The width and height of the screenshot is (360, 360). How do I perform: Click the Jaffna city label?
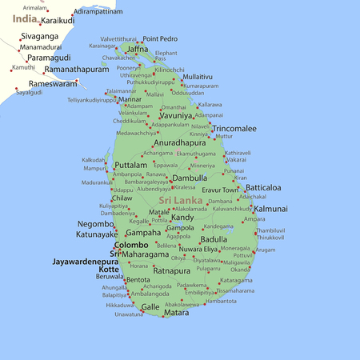tap(138, 50)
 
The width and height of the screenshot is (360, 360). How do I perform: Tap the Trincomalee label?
tap(234, 128)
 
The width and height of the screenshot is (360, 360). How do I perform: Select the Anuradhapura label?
tap(180, 142)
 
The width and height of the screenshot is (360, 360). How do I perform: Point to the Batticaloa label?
tap(263, 188)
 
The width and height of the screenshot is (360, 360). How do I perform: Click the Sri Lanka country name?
tap(181, 200)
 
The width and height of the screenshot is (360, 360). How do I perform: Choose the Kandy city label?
tap(182, 218)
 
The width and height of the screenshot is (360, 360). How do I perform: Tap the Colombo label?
tap(131, 245)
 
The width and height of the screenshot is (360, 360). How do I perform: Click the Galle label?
tap(150, 307)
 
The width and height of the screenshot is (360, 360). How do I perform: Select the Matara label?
tap(176, 313)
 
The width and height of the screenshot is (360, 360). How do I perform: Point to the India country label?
tap(25, 18)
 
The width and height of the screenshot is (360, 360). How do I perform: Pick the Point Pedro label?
tap(160, 38)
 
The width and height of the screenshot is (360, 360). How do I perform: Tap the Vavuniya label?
tap(175, 115)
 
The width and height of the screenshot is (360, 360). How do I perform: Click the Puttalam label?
tap(130, 165)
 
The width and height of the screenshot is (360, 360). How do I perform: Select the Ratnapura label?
tap(170, 271)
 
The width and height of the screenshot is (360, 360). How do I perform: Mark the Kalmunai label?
tap(270, 209)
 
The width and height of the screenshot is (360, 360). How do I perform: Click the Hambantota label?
tap(221, 301)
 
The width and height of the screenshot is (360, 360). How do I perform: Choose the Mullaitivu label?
tap(198, 77)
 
